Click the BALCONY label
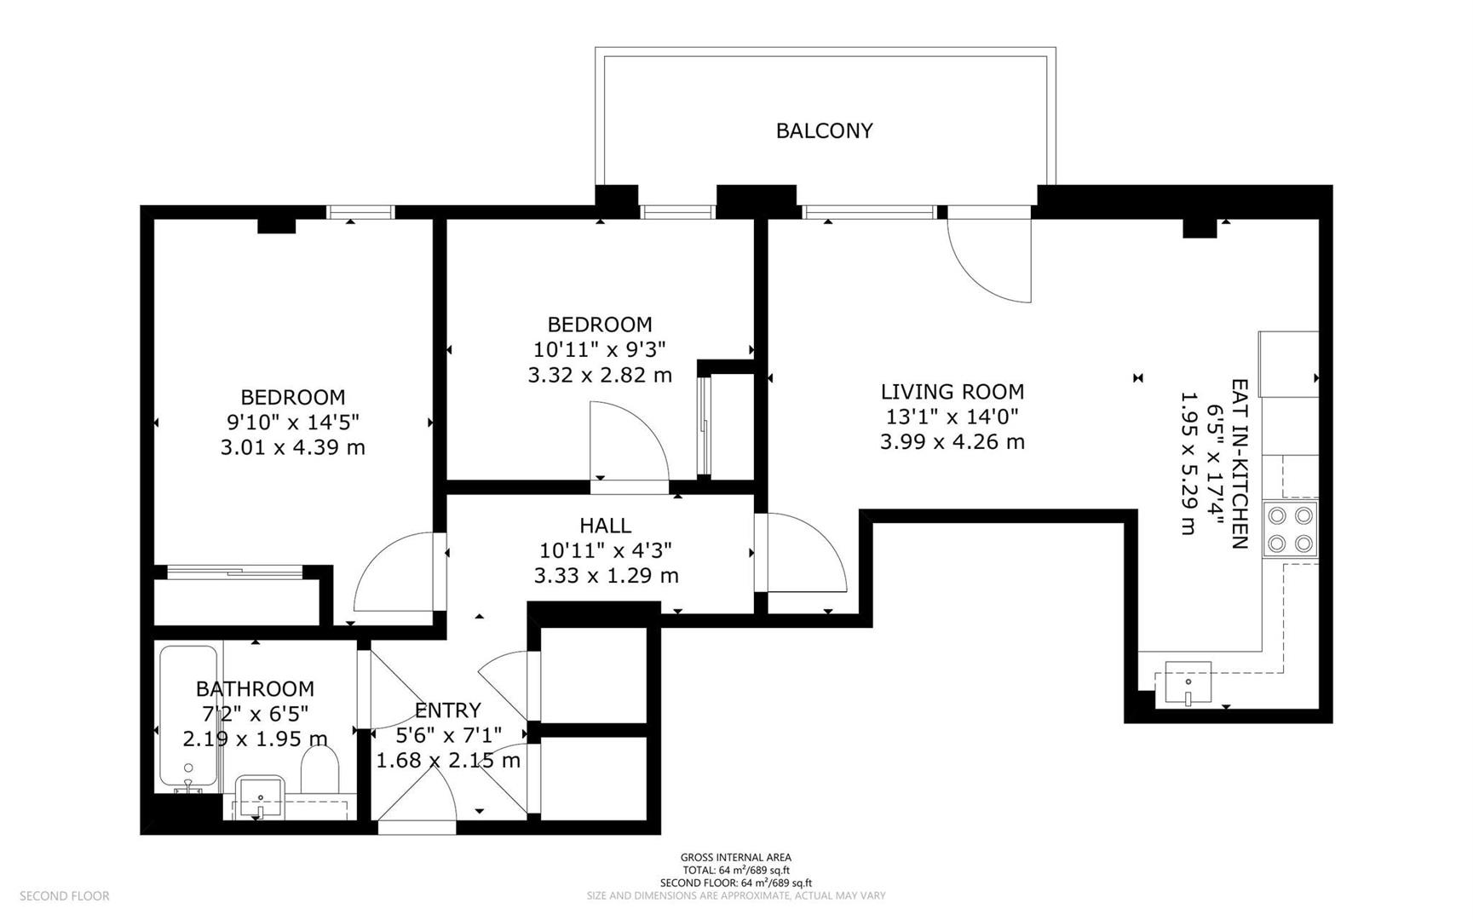coord(824,130)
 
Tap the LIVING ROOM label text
coord(952,392)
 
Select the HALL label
coord(605,526)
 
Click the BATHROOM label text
coord(255,688)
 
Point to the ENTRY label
coord(447,710)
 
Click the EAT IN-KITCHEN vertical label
coord(1240,464)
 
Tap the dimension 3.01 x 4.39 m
coord(292,447)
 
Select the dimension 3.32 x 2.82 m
coord(600,375)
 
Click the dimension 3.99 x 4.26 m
coord(952,442)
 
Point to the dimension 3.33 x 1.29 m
coord(606,576)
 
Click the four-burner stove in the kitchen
coord(1290,529)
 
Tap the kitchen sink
coord(1188,682)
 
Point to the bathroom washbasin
coord(260,797)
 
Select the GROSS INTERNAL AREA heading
coord(735,858)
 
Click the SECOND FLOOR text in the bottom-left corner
coord(64,896)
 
